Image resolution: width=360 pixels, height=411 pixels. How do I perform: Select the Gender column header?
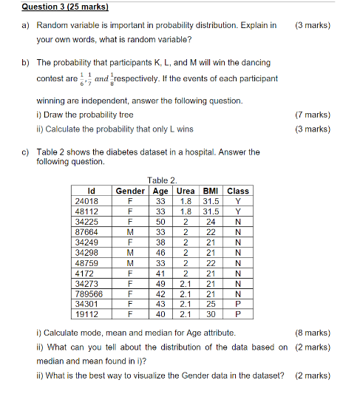[130, 191]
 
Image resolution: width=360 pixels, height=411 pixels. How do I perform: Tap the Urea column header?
[186, 191]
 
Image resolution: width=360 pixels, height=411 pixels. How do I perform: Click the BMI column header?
[211, 191]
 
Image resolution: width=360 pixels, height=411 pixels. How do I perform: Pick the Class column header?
[238, 191]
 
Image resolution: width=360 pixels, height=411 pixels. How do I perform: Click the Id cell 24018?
[89, 200]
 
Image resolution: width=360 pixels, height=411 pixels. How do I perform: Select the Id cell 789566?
[89, 293]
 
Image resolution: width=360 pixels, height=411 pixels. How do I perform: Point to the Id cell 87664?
[89, 231]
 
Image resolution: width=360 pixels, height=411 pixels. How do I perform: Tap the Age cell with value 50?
[160, 221]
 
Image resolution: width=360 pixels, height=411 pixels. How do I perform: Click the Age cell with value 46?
[160, 251]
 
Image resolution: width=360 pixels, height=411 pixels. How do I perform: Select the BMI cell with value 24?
[211, 221]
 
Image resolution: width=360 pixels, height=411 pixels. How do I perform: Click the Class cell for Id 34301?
[238, 303]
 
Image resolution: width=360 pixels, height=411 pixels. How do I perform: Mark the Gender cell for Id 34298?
[130, 251]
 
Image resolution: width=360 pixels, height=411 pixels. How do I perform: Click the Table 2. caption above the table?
[162, 180]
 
